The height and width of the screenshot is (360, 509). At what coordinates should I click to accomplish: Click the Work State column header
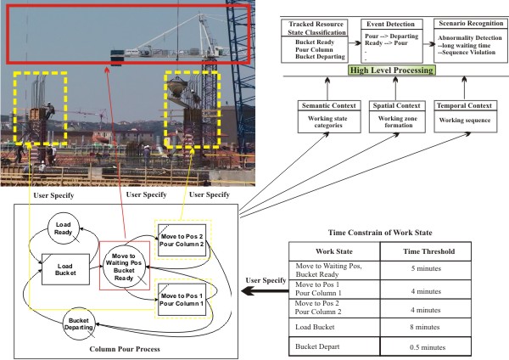[335, 252]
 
